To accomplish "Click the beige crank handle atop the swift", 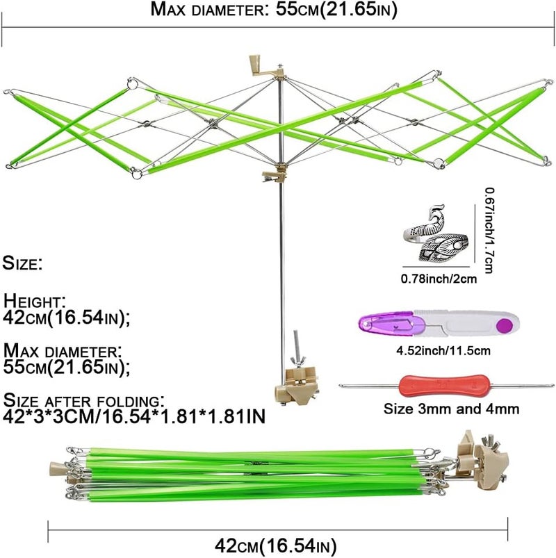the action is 259,66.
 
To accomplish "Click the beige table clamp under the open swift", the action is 296,386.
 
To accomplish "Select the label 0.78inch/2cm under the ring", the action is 439,278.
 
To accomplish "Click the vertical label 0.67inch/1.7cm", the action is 489,231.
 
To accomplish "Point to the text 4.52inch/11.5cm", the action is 443,350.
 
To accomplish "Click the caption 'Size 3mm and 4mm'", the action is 451,409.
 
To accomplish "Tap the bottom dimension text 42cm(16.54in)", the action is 275,545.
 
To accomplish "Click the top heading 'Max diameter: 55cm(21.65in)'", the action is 273,10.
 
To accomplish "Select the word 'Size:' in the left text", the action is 22,263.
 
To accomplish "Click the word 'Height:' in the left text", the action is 35,301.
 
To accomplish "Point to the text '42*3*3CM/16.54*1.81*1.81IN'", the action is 134,416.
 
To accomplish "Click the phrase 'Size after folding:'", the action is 84,401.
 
